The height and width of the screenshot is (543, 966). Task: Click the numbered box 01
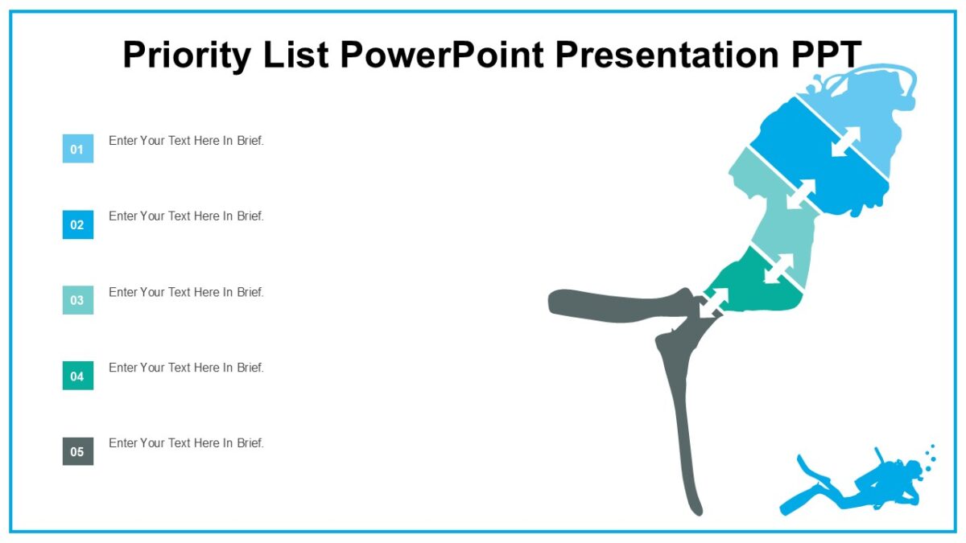(78, 149)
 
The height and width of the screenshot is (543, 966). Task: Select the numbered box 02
(78, 224)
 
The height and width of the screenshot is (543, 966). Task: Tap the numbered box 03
(78, 300)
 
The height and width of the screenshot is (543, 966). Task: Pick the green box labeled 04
(78, 376)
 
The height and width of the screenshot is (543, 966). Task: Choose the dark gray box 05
(78, 451)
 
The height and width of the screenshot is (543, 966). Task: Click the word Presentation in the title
(653, 55)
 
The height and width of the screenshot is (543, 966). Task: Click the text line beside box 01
(186, 141)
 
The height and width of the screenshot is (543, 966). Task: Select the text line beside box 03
(186, 292)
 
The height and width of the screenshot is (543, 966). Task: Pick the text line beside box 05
(186, 443)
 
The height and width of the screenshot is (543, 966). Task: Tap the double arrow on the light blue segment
(845, 142)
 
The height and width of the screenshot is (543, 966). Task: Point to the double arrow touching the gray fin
(713, 302)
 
